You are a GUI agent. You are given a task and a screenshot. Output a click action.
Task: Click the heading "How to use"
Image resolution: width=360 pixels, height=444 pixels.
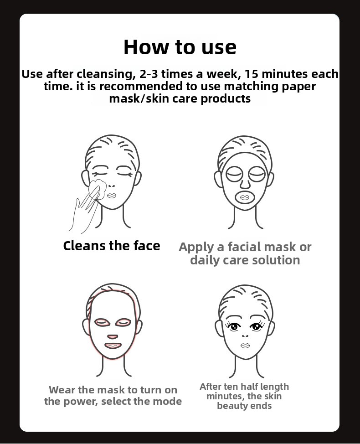[x=180, y=47]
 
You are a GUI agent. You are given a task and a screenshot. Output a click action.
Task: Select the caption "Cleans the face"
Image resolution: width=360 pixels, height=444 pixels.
[x=112, y=246]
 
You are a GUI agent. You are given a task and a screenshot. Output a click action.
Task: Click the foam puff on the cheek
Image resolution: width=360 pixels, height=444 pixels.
[x=98, y=189]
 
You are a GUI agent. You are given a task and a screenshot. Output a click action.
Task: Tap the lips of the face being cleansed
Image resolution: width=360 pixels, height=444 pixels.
[x=112, y=196]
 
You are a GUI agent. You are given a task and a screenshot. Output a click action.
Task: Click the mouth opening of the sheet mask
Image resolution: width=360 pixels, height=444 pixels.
[x=245, y=197]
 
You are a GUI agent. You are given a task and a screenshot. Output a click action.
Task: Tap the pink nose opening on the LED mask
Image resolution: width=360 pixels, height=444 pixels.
[x=113, y=337]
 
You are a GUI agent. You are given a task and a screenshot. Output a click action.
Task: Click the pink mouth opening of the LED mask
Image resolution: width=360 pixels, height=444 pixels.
[x=113, y=346]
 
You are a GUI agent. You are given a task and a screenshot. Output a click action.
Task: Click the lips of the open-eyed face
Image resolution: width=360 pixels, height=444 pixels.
[x=245, y=346]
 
